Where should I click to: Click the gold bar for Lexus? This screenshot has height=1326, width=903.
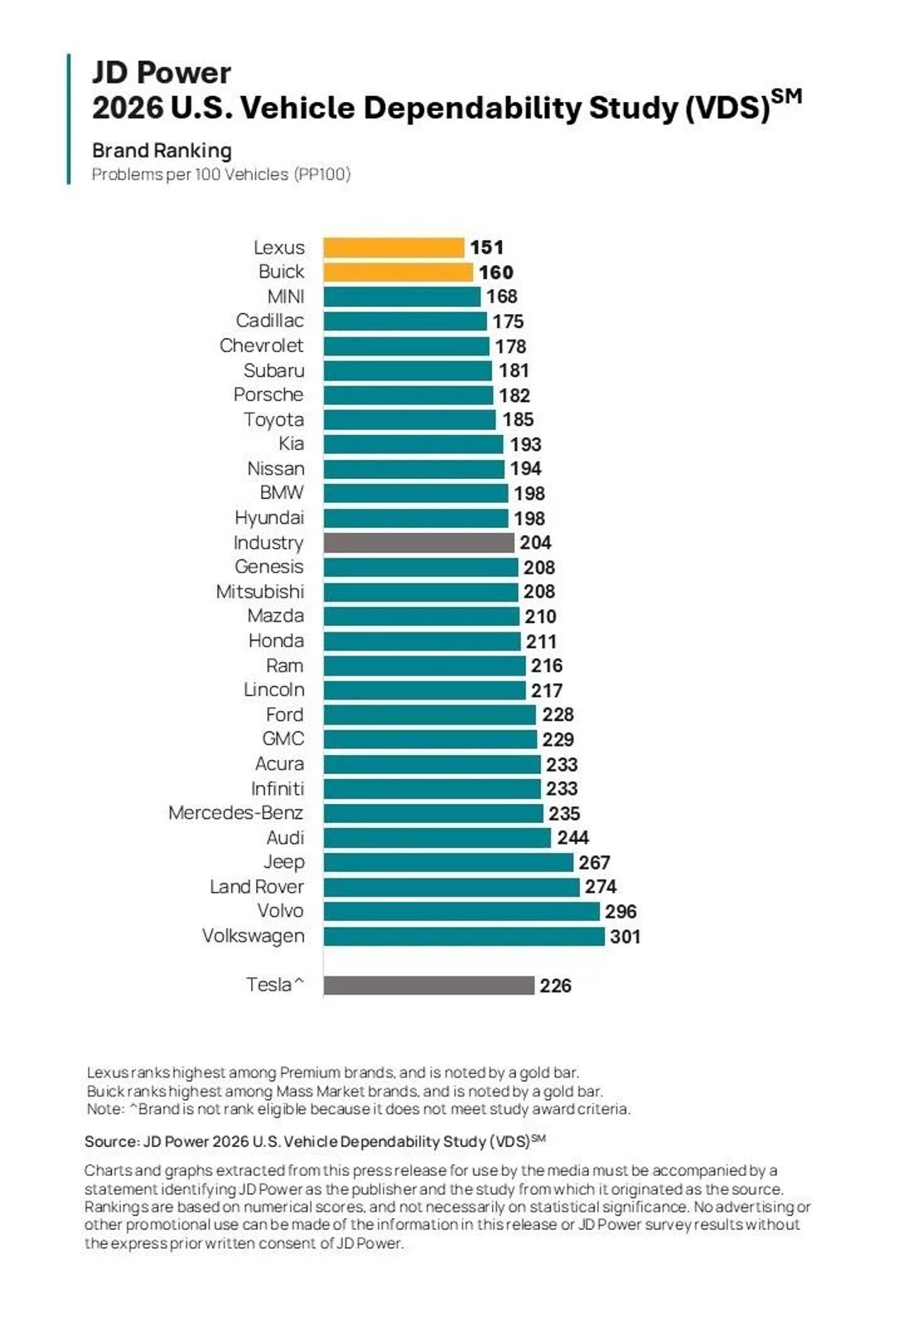[x=394, y=248]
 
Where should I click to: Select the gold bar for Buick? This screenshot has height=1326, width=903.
[x=398, y=272]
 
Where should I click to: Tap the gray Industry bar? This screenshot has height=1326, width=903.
[x=418, y=543]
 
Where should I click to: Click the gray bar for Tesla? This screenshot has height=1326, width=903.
[x=428, y=985]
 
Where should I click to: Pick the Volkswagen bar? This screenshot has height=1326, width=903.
[x=464, y=936]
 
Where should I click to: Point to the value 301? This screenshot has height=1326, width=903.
[x=625, y=936]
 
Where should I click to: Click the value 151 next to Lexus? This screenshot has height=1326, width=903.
[x=486, y=248]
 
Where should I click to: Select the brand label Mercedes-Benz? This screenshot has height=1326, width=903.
[x=235, y=813]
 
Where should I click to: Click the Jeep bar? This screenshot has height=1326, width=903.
[x=447, y=863]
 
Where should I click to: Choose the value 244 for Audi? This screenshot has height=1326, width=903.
[x=572, y=838]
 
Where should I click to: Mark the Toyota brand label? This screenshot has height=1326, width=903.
[x=273, y=420]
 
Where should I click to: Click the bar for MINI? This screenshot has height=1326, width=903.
[x=402, y=297]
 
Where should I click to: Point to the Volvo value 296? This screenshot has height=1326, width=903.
[x=621, y=912]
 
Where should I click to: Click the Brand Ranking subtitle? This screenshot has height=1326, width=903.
[x=162, y=151]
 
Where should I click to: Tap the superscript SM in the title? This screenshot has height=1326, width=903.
[x=786, y=96]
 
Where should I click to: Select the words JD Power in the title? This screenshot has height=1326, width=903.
[x=162, y=73]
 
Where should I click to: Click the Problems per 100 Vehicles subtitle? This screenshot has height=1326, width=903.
[x=220, y=175]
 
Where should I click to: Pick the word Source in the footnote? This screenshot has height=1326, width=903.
[x=111, y=1142]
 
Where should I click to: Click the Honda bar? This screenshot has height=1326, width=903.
[x=422, y=641]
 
